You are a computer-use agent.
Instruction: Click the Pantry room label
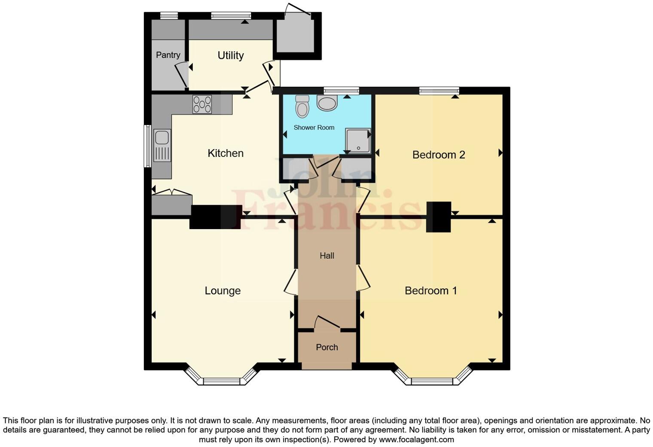pyautogui.click(x=168, y=55)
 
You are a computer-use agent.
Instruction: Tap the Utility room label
pyautogui.click(x=231, y=55)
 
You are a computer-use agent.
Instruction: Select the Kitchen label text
pyautogui.click(x=226, y=153)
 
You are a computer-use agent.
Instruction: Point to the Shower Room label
pyautogui.click(x=314, y=128)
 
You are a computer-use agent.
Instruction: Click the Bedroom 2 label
pyautogui.click(x=439, y=155)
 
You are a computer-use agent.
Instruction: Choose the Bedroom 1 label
pyautogui.click(x=430, y=291)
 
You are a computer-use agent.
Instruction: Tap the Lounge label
pyautogui.click(x=223, y=291)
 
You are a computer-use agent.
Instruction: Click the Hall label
pyautogui.click(x=327, y=256)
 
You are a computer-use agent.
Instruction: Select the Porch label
pyautogui.click(x=327, y=347)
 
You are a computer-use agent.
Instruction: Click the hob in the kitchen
pyautogui.click(x=202, y=104)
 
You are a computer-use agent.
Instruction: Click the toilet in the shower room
pyautogui.click(x=302, y=106)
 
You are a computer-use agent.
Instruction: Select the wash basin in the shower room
pyautogui.click(x=327, y=102)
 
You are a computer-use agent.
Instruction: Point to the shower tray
pyautogui.click(x=358, y=141)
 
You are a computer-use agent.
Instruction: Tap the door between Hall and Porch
pyautogui.click(x=328, y=324)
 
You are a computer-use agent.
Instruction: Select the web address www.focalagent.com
pyautogui.click(x=416, y=439)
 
